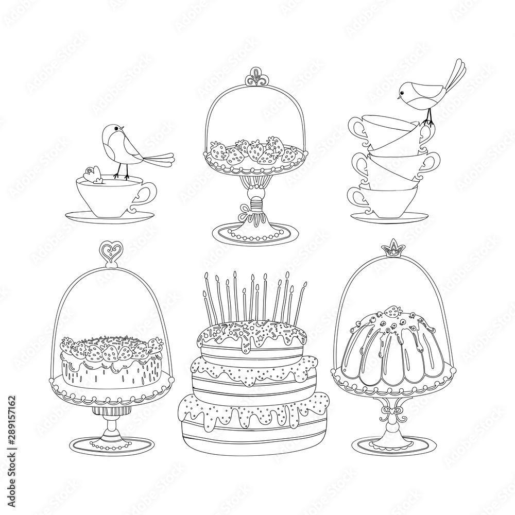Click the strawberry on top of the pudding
point(393,311)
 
